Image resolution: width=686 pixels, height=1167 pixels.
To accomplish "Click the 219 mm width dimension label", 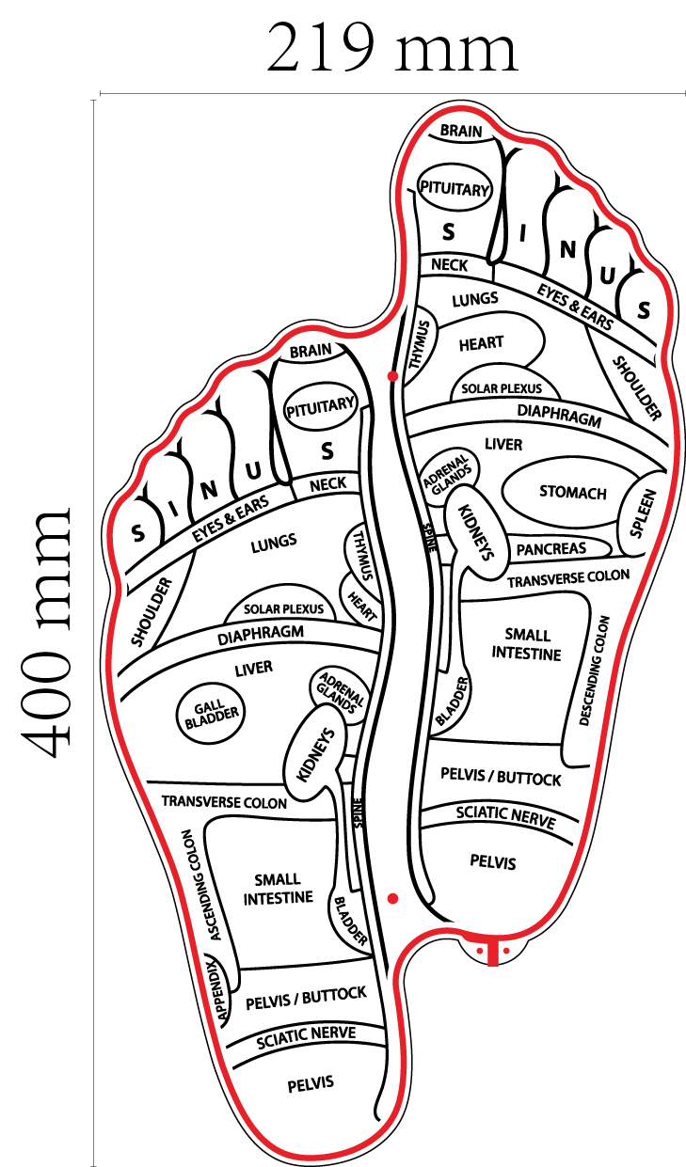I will pyautogui.click(x=391, y=49).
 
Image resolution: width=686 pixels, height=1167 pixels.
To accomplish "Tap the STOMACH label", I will pyautogui.click(x=572, y=492).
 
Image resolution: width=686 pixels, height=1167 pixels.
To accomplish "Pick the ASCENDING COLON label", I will pyautogui.click(x=200, y=884).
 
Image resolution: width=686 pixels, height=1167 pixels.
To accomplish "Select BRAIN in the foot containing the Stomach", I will pyautogui.click(x=461, y=131).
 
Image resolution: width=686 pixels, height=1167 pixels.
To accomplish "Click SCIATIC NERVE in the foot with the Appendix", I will pyautogui.click(x=307, y=1035).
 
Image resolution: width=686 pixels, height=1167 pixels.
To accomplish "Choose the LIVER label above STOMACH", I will pyautogui.click(x=503, y=443).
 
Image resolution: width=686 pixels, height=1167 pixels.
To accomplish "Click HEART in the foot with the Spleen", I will pyautogui.click(x=481, y=343).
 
